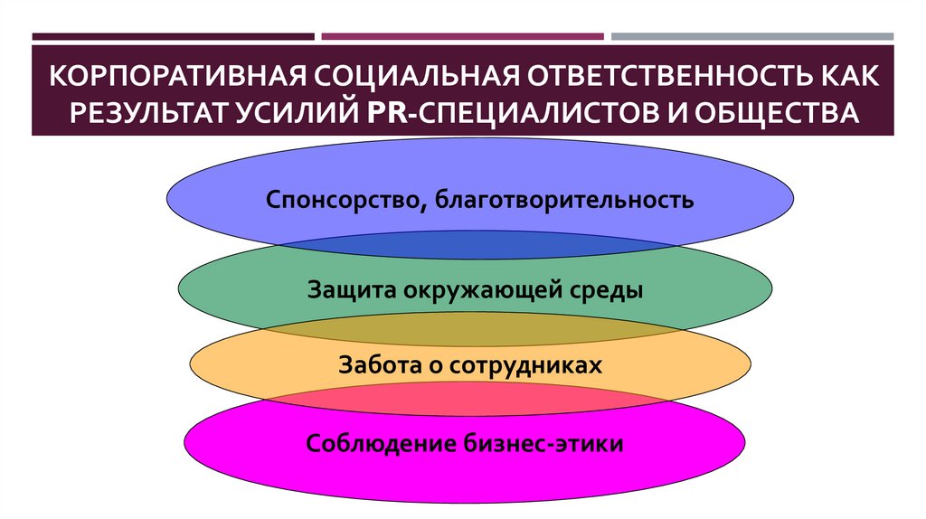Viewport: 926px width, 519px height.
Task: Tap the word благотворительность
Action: pos(566,198)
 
